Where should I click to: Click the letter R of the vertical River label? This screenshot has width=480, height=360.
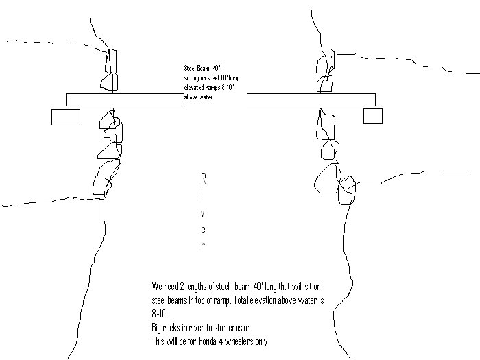pos(203,179)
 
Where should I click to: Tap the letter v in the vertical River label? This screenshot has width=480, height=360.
pos(203,213)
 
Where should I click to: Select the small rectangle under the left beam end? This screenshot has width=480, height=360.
pos(66,117)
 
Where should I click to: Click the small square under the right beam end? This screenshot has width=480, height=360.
pos(372,116)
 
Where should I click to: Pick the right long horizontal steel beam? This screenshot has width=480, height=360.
pos(311,99)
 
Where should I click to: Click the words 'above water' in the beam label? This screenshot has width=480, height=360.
pos(199,97)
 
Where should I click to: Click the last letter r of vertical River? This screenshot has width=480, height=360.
pos(203,246)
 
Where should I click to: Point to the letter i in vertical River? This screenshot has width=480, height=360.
pos(203,196)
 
